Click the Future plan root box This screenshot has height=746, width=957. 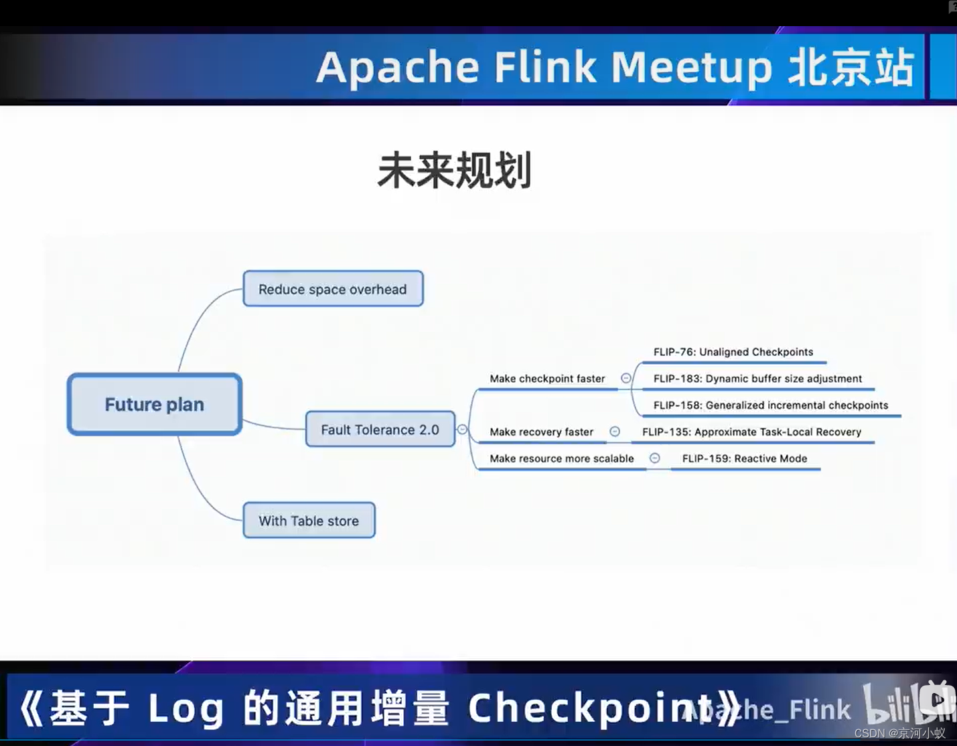[x=155, y=404]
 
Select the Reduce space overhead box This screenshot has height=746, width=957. [x=333, y=289]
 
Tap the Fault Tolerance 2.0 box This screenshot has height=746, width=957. [x=380, y=429]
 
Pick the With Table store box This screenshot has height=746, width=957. [x=309, y=520]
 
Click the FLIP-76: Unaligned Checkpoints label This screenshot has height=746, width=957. [x=733, y=352]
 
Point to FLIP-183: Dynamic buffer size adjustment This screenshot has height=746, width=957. [x=757, y=379]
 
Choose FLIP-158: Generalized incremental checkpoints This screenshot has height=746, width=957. [x=771, y=405]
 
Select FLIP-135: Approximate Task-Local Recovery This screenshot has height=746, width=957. [x=752, y=432]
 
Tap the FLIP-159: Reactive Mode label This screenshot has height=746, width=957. [x=745, y=458]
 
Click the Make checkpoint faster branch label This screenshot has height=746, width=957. [x=547, y=379]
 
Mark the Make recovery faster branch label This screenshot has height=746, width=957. [x=541, y=432]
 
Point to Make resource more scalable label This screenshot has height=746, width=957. [x=561, y=458]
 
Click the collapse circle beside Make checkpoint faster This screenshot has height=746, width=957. [x=625, y=378]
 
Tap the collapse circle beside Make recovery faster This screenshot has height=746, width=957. [x=614, y=432]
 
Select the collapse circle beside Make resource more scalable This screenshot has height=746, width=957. [x=655, y=458]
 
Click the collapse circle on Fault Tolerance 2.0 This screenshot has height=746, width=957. [x=462, y=429]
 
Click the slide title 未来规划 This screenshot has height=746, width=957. [x=455, y=170]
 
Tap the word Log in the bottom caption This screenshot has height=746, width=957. [x=186, y=708]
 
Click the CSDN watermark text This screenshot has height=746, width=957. [x=900, y=733]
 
